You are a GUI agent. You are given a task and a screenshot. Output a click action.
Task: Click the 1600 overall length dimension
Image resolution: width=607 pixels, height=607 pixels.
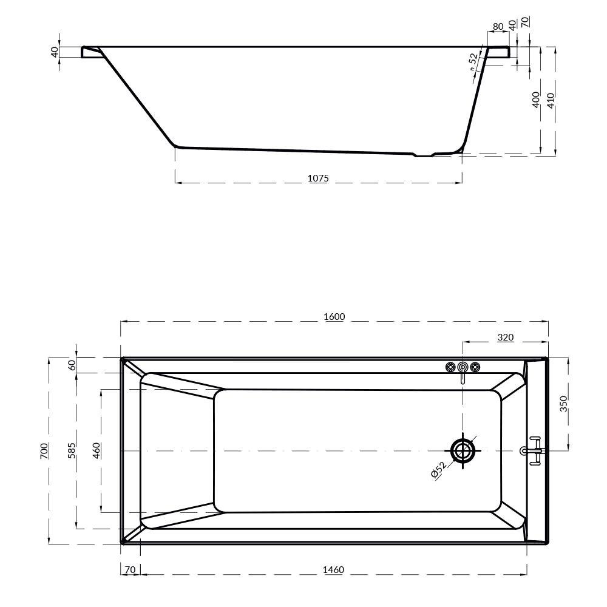click(334, 317)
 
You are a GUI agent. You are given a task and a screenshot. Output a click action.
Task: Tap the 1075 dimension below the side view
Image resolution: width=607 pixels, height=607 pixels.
click(318, 178)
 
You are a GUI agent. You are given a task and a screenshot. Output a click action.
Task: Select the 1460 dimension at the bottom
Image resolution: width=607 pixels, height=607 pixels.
click(333, 570)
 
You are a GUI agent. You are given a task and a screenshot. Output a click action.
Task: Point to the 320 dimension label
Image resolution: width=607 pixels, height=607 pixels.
click(506, 337)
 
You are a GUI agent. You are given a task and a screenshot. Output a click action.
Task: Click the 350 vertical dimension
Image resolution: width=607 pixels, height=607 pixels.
click(563, 404)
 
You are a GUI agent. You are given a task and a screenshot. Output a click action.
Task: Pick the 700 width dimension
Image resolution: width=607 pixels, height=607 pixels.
click(44, 450)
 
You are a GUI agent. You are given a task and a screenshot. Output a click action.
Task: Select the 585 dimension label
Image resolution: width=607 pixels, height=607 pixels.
click(72, 450)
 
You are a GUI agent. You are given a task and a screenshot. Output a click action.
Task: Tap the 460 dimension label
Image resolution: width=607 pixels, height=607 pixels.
click(97, 450)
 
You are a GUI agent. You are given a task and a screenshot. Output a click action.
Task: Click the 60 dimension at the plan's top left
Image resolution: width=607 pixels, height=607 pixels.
click(72, 365)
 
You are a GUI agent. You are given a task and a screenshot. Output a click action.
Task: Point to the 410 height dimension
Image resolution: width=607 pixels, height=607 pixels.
click(551, 100)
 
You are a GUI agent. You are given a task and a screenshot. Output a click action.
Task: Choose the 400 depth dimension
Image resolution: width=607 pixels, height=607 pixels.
click(535, 100)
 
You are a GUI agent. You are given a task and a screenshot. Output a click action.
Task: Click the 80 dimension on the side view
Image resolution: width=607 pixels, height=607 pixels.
click(498, 27)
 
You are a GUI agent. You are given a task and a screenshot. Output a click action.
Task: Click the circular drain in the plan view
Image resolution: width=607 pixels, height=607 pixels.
click(464, 450)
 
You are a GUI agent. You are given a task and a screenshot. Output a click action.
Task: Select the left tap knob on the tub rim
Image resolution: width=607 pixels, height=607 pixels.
click(450, 367)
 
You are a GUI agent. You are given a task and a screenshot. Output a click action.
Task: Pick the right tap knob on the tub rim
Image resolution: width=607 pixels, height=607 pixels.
click(475, 367)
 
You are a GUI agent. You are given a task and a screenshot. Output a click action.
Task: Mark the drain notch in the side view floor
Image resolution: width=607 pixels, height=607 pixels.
click(424, 155)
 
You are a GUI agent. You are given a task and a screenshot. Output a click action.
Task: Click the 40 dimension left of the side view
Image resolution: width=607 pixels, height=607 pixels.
click(55, 52)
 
